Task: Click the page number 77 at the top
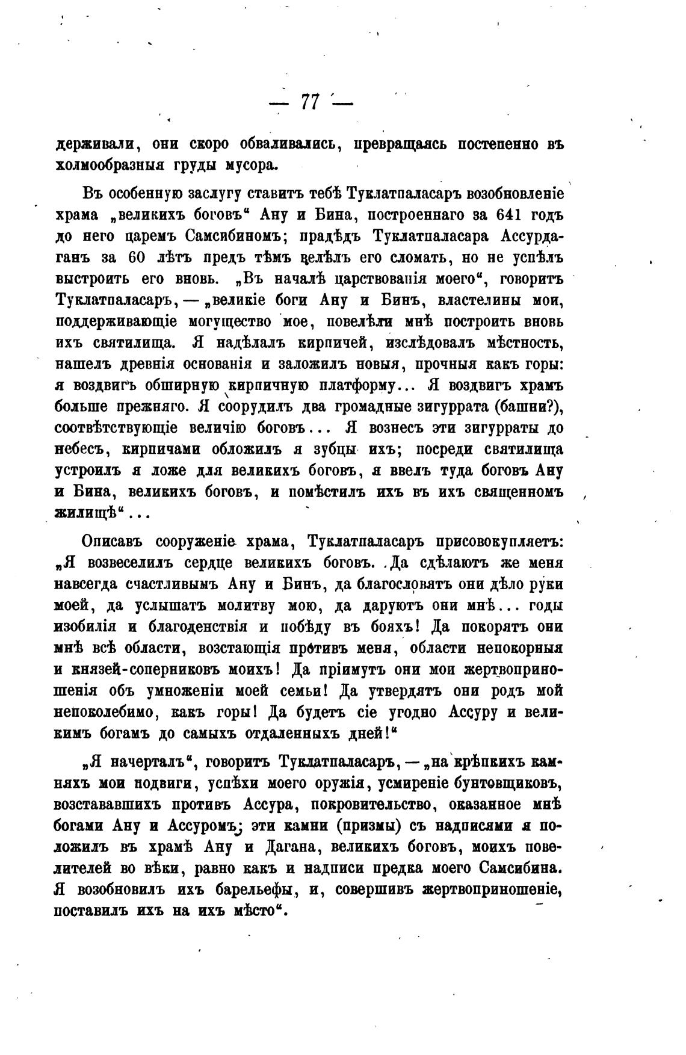tap(311, 102)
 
